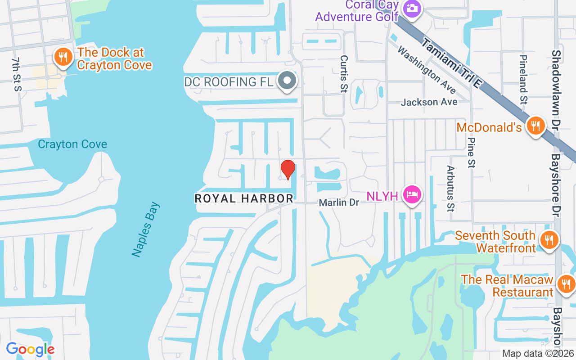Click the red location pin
pos(288,169)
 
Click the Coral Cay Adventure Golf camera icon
pos(411,8)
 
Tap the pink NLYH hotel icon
pos(412,194)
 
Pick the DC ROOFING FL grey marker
pos(287,81)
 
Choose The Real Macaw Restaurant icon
pos(565,284)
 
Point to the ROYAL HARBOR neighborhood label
pos(244,198)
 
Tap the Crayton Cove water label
pos(72,144)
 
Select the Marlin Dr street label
pos(339,202)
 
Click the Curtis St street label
pos(344,74)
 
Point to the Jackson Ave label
pos(429,102)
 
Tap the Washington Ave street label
pos(427,69)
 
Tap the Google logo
pos(30,349)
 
